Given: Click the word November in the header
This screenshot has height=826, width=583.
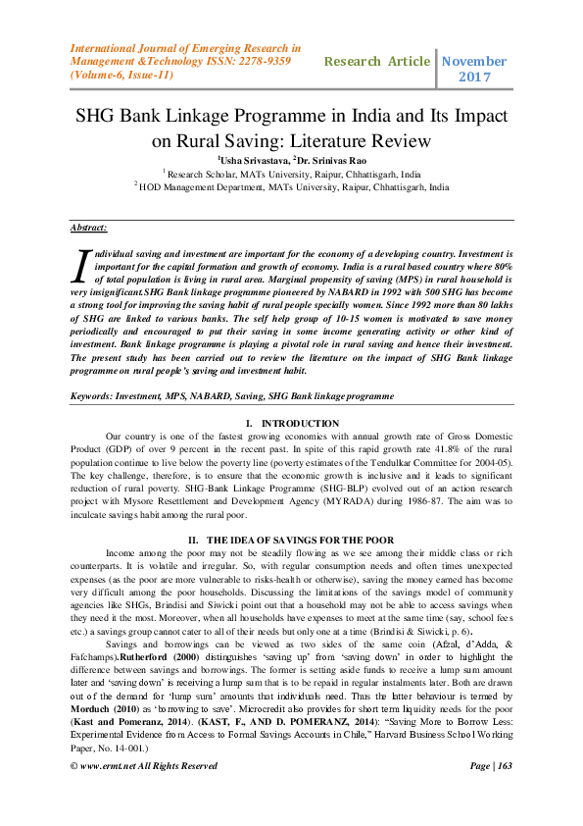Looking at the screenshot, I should tap(475, 61).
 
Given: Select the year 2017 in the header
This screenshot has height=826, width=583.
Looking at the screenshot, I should tap(475, 77).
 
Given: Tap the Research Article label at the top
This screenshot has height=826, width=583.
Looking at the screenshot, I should tap(377, 61).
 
